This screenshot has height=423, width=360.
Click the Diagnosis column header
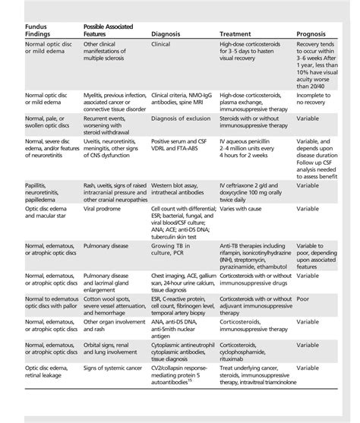coord(166,34)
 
